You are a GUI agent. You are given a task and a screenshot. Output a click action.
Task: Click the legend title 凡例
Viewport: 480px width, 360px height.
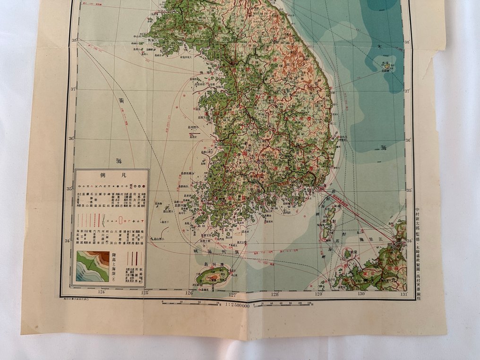tap(111, 175)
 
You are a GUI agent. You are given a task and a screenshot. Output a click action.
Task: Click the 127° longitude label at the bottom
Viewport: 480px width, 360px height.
tap(232, 294)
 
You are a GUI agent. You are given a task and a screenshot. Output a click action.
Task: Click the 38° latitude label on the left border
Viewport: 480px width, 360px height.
tap(74, 41)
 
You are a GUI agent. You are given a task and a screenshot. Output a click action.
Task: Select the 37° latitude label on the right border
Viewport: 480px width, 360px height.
tap(408, 90)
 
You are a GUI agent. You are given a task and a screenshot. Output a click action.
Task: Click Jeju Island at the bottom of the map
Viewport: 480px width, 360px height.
tap(212, 274)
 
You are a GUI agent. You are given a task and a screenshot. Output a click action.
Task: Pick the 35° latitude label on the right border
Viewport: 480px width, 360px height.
tap(408, 190)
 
